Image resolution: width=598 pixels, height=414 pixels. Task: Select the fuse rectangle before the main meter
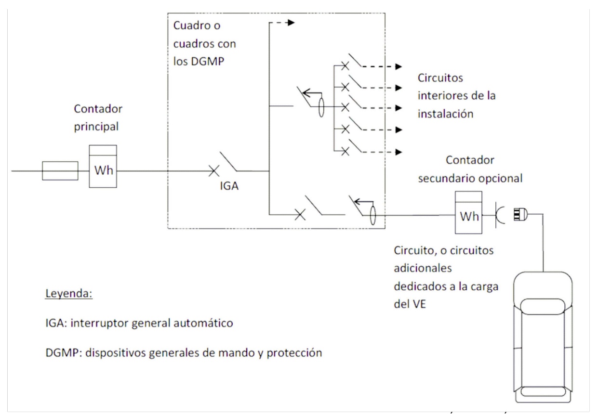tap(60, 171)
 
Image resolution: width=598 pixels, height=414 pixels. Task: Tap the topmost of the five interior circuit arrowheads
tap(398, 66)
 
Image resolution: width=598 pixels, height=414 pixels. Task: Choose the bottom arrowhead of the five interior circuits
tap(398, 151)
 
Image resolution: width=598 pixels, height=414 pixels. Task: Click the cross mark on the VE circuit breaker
tap(300, 215)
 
